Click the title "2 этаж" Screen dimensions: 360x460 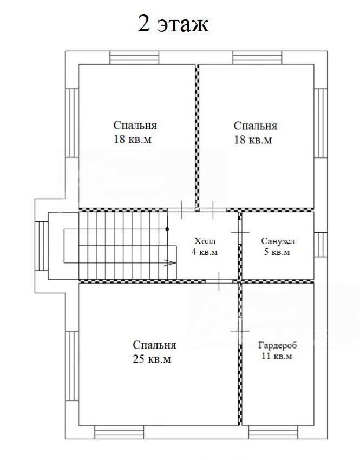click(x=173, y=24)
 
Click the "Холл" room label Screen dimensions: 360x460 click(x=205, y=241)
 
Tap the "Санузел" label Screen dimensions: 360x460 click(x=278, y=241)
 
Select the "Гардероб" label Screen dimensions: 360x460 click(x=277, y=345)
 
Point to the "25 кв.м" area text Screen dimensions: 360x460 click(x=152, y=359)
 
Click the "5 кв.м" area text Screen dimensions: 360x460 click(x=277, y=252)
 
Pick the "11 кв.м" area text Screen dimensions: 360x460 click(x=277, y=357)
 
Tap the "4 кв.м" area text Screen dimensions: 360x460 click(x=205, y=252)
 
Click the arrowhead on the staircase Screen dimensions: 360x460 click(x=171, y=263)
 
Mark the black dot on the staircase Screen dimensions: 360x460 click(x=167, y=229)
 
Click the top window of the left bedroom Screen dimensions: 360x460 click(x=134, y=58)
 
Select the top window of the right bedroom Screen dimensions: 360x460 click(x=257, y=58)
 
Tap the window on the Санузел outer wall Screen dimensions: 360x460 click(x=320, y=245)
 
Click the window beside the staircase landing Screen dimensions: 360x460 click(x=42, y=246)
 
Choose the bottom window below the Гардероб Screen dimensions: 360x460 click(x=273, y=432)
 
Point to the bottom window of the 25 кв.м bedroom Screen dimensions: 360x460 click(x=119, y=432)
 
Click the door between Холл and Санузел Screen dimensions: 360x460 click(x=240, y=232)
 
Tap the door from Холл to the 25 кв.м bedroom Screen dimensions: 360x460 click(x=219, y=281)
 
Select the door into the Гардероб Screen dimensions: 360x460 click(x=240, y=331)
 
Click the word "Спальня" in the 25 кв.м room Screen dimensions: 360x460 click(x=154, y=346)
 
